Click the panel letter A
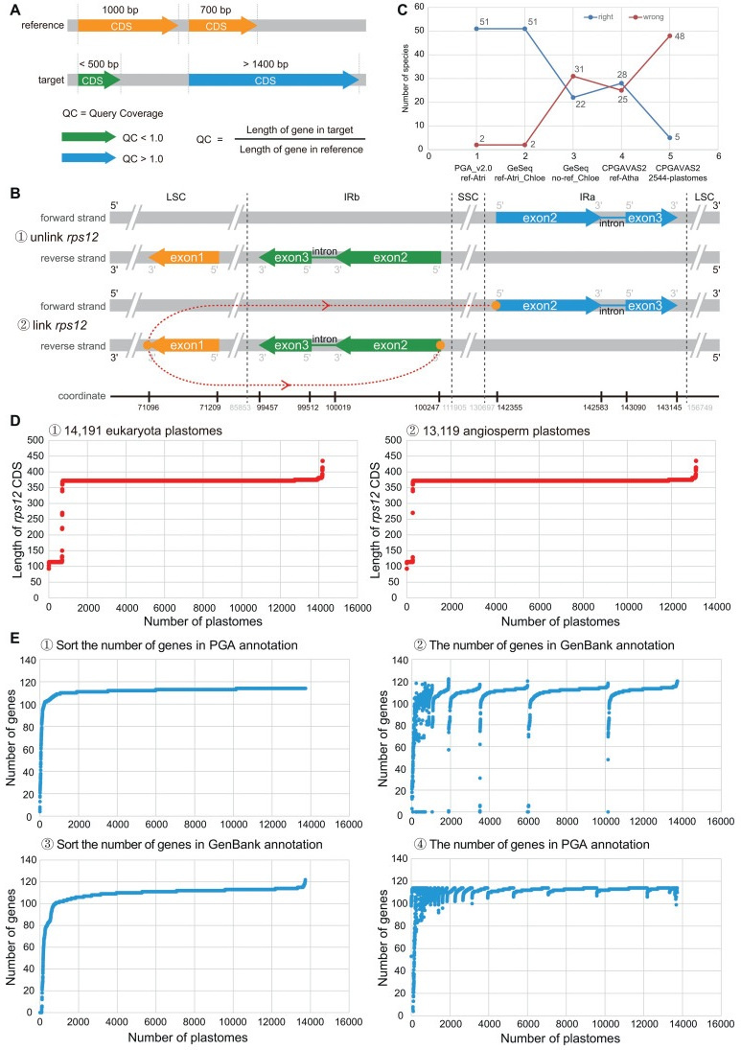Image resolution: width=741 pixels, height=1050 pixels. [x=11, y=9]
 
